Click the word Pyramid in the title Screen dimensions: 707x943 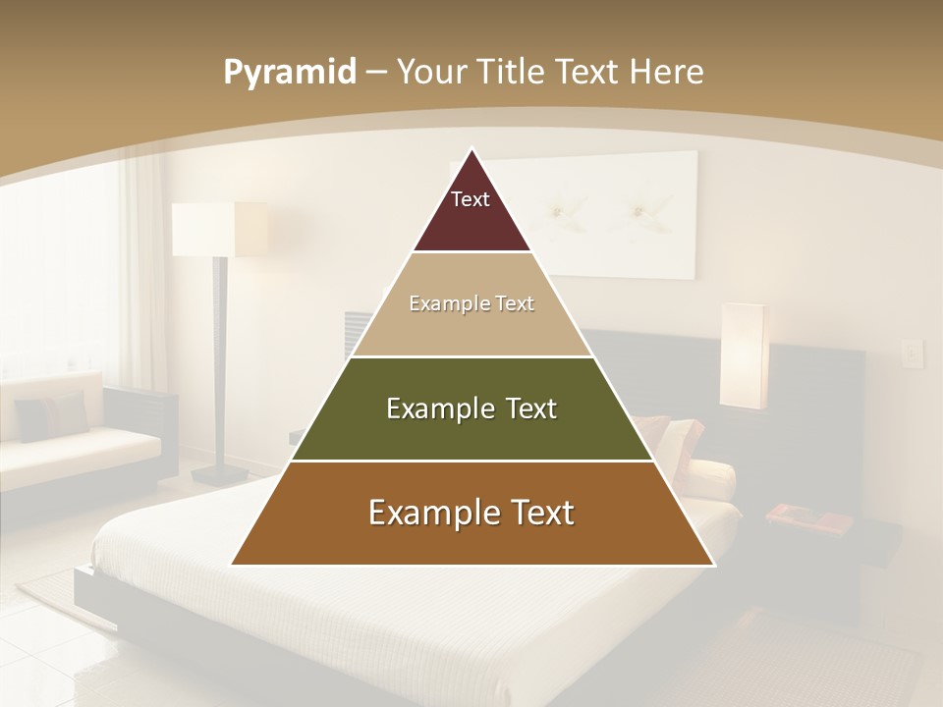[289, 73]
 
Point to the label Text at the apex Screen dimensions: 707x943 [471, 199]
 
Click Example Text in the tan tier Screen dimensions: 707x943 [471, 303]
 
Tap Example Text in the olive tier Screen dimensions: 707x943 [471, 408]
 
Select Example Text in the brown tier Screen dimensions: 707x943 [471, 513]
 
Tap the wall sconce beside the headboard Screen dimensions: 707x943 [742, 355]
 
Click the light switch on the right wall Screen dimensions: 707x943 [913, 353]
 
